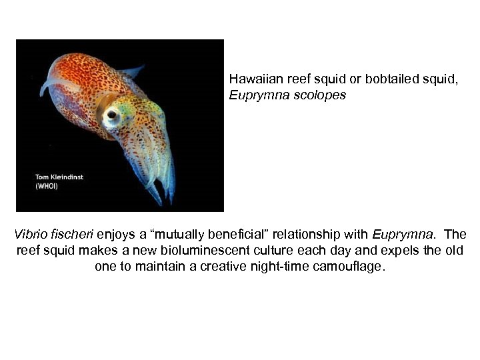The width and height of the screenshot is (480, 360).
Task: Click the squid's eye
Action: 111,115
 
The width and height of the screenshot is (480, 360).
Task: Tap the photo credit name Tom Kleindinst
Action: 60,177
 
